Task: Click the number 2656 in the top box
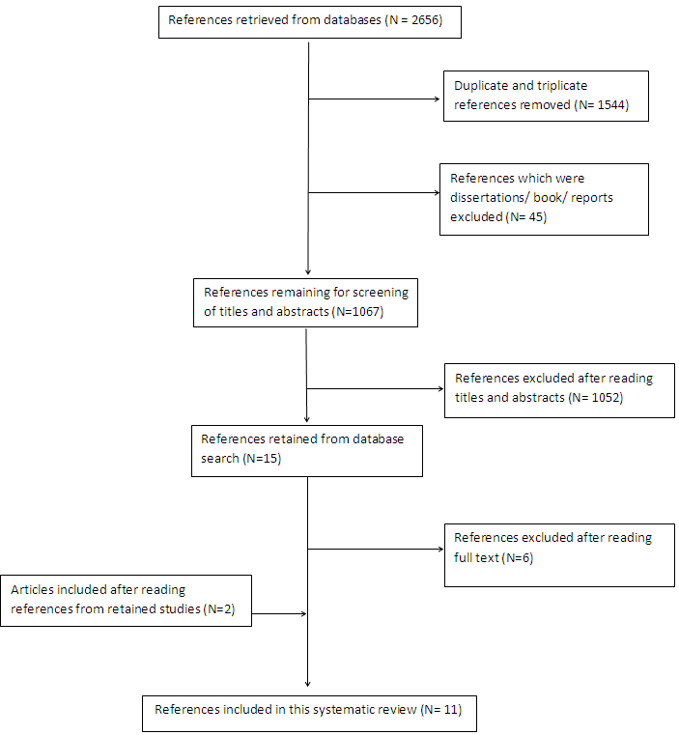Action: pos(425,20)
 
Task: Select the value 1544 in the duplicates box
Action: pos(611,105)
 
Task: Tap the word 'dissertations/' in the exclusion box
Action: pos(490,198)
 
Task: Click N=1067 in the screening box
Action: pos(357,312)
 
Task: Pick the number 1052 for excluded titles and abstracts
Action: pos(606,398)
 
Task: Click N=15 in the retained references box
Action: pos(262,459)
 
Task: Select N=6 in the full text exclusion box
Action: pos(518,558)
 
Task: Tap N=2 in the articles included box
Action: pos(219,608)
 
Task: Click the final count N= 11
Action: pos(441,710)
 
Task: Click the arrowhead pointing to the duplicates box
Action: pos(437,99)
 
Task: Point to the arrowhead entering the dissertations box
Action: pos(437,192)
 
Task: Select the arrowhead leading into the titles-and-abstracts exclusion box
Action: pos(440,388)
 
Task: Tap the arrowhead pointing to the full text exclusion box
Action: pos(440,549)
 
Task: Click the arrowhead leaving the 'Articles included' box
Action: pos(303,613)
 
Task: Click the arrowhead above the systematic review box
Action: pos(307,684)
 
